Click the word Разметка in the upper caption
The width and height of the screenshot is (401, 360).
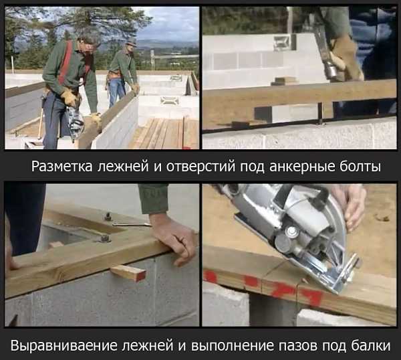click(x=62, y=167)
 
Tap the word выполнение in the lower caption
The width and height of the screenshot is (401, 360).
click(x=232, y=346)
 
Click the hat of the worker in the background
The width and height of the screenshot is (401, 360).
click(x=130, y=41)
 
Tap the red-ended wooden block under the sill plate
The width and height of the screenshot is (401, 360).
click(x=128, y=273)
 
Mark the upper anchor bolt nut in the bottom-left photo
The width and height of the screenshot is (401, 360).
click(x=108, y=217)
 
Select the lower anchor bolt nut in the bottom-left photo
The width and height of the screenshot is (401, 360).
click(x=105, y=238)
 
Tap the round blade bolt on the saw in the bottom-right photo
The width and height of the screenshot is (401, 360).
click(x=292, y=232)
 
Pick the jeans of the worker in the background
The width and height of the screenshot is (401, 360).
click(x=116, y=92)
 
